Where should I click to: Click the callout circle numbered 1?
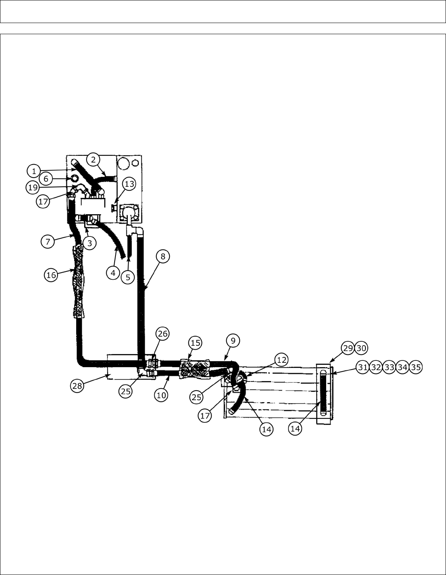(34, 171)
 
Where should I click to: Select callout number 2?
(93, 160)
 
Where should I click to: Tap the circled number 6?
(46, 179)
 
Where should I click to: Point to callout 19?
(33, 187)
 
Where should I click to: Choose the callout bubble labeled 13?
(129, 184)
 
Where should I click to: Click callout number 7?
(48, 241)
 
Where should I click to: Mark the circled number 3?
(90, 243)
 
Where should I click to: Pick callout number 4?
(113, 273)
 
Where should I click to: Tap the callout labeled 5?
(128, 277)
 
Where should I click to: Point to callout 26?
(162, 334)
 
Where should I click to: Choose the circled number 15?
(195, 343)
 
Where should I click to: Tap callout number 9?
(233, 341)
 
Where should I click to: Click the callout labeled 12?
(281, 360)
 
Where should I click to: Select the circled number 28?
(78, 385)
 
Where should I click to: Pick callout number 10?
(161, 395)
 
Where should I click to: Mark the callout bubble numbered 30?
(361, 348)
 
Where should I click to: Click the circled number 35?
(415, 367)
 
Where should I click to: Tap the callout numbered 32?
(375, 367)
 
